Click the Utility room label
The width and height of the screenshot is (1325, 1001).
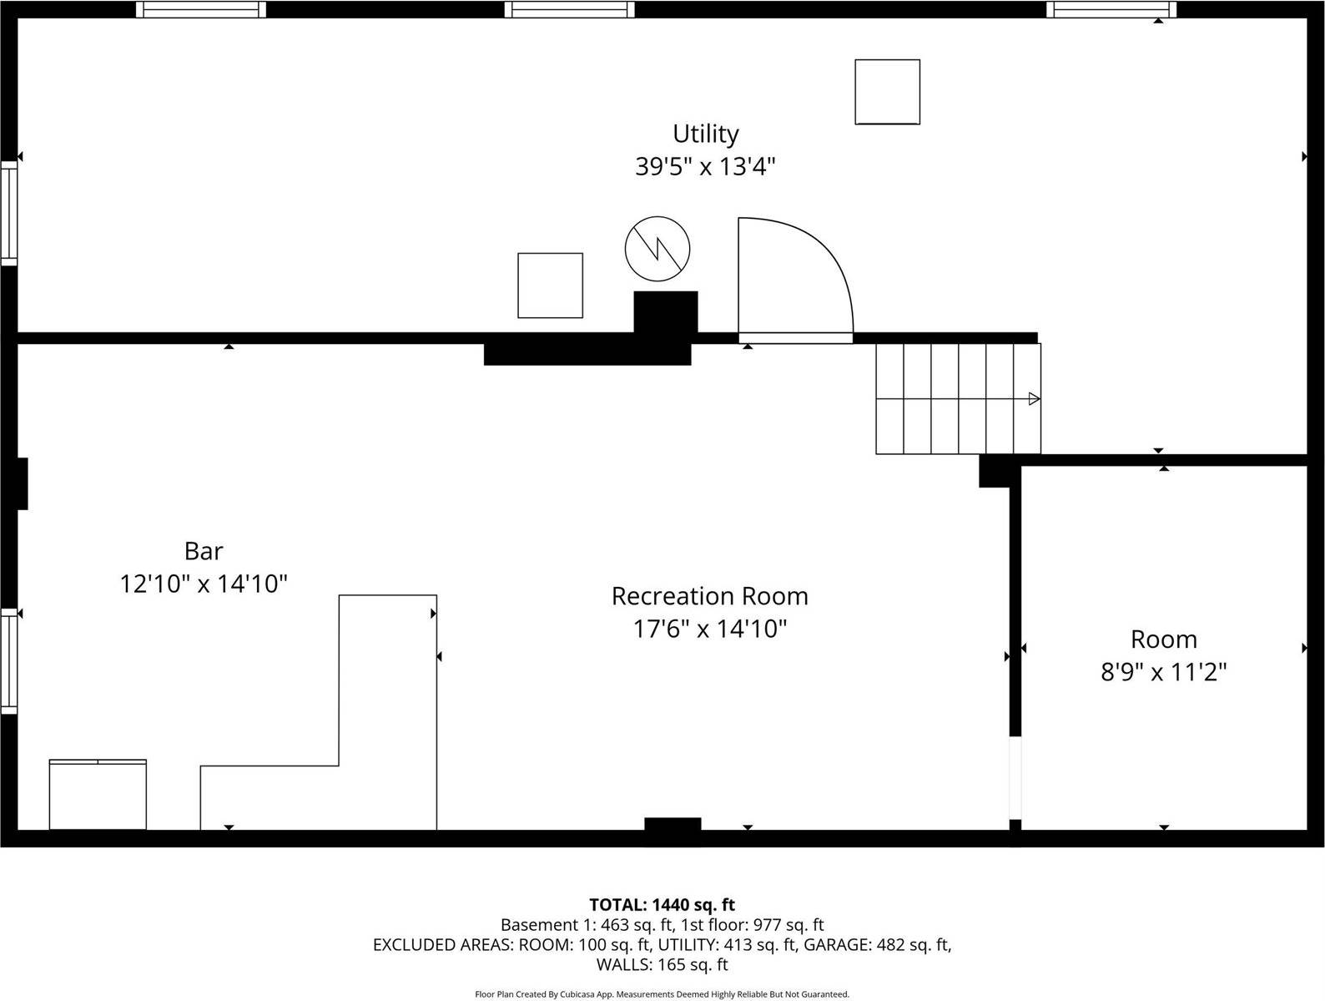[x=706, y=134]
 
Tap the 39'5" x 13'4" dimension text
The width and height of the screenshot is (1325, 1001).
[x=706, y=167]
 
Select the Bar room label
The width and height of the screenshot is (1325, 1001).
[x=204, y=551]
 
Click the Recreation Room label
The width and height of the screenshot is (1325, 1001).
[x=709, y=596]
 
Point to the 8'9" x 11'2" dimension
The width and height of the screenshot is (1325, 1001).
[x=1163, y=672]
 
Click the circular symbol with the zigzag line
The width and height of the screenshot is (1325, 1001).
[x=657, y=248]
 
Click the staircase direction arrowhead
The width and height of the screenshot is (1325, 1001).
[x=1034, y=398]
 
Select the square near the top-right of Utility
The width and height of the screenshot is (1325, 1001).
[x=887, y=92]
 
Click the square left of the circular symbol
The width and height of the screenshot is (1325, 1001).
[x=550, y=285]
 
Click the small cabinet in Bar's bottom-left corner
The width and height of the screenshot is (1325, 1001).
[x=98, y=795]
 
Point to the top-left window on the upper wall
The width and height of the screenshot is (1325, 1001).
[x=201, y=9]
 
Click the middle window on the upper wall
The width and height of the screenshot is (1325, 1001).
[x=569, y=9]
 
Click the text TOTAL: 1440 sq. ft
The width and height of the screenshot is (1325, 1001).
[x=662, y=904]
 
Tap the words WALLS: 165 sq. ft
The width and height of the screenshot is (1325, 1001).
[x=662, y=965]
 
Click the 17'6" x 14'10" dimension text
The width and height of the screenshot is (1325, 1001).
[x=709, y=629]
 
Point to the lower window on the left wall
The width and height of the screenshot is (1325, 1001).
[x=8, y=660]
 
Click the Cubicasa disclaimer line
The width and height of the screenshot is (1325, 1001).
[x=662, y=994]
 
